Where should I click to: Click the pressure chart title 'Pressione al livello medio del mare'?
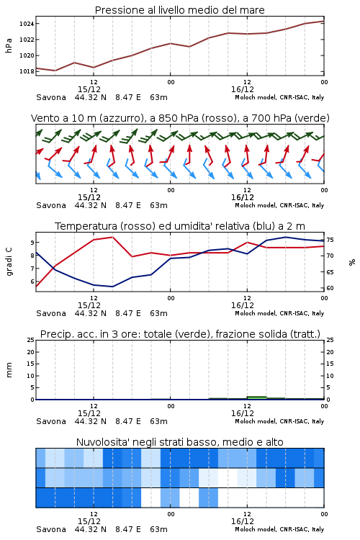tap(179, 10)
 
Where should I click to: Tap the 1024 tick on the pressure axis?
tap(27, 24)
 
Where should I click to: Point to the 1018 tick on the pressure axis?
tap(27, 71)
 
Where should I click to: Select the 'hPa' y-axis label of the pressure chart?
tap(9, 45)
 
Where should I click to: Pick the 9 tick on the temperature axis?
tap(32, 243)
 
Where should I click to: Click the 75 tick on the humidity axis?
tap(330, 240)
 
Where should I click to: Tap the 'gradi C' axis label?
tap(9, 262)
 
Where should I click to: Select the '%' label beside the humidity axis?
tap(352, 262)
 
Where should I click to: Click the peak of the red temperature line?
tap(112, 237)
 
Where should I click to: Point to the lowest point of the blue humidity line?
tap(112, 287)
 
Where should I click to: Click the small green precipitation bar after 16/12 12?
tap(256, 397)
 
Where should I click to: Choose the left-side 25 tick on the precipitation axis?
tap(31, 340)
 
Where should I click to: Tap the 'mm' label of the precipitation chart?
tap(9, 370)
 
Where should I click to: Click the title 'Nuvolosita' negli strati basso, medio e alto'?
tap(179, 442)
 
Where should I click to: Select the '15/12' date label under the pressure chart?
tap(89, 89)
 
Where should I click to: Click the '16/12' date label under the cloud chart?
tap(243, 521)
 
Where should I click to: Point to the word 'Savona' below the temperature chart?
tap(51, 313)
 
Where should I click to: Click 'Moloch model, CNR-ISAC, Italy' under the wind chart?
tap(279, 205)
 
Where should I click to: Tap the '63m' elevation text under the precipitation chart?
tap(159, 421)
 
